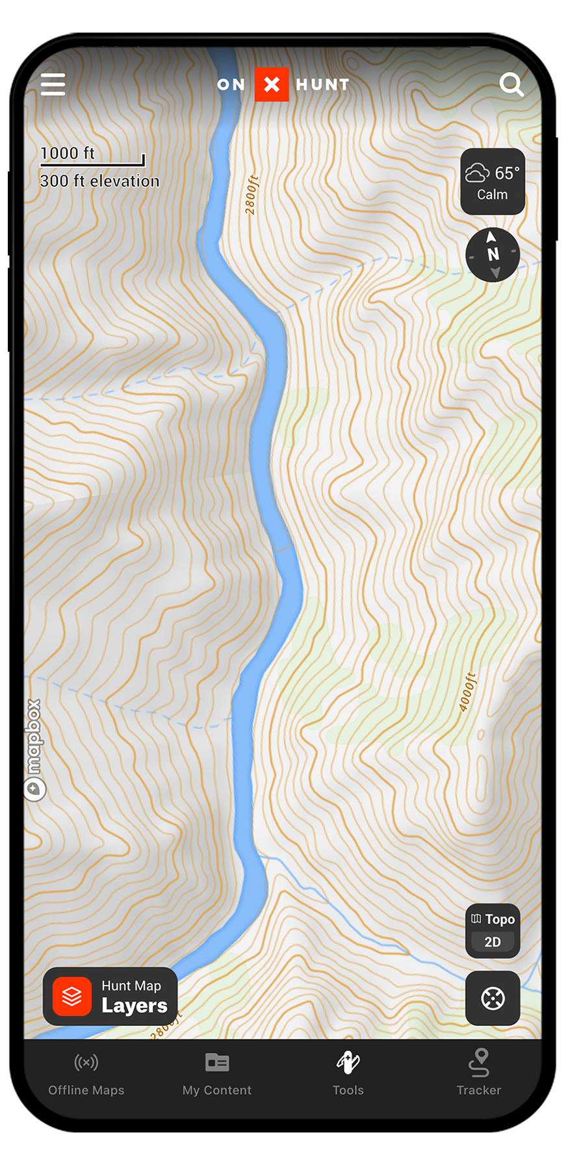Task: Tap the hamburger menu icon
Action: click(53, 85)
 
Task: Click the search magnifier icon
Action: click(511, 85)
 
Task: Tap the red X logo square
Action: click(272, 85)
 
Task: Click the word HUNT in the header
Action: click(323, 85)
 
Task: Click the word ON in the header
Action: click(231, 85)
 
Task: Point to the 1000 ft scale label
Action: click(68, 153)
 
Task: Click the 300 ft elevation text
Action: click(99, 181)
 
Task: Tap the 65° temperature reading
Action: click(506, 174)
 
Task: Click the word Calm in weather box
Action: click(493, 194)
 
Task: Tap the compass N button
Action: click(493, 254)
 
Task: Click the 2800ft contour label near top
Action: click(252, 195)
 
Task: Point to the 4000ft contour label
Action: click(467, 692)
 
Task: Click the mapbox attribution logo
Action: click(34, 748)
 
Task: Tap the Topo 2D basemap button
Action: click(493, 930)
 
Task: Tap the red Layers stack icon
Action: click(72, 996)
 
